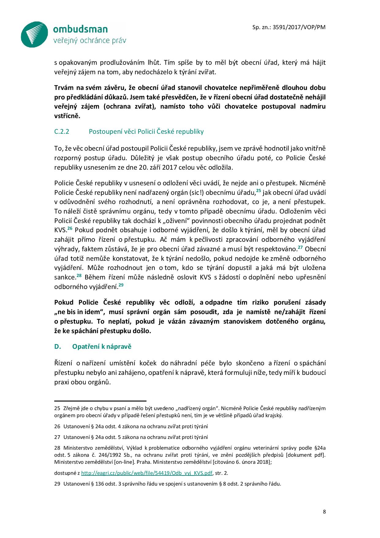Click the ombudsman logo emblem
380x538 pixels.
35,34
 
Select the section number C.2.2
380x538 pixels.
62,132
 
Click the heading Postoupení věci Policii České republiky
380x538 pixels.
146,132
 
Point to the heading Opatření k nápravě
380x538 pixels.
102,347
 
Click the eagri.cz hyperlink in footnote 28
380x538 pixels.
146,473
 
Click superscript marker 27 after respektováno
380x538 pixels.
300,247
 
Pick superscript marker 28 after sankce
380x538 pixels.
79,276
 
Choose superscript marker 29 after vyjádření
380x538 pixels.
121,285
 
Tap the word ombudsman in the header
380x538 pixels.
80,29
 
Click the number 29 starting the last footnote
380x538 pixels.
57,484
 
